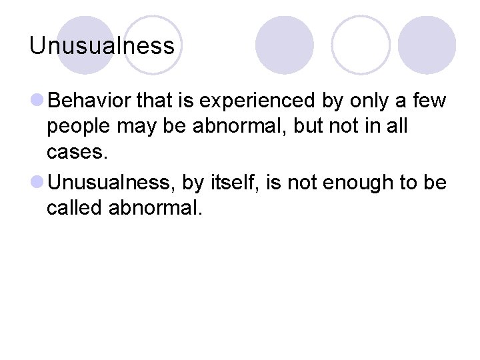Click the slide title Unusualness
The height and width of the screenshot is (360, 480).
pyautogui.click(x=102, y=46)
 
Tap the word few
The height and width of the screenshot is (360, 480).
pyautogui.click(x=431, y=101)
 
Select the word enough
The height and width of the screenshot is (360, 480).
pyautogui.click(x=359, y=183)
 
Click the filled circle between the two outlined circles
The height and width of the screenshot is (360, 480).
pyautogui.click(x=285, y=45)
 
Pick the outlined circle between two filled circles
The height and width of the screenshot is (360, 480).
pyautogui.click(x=361, y=45)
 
